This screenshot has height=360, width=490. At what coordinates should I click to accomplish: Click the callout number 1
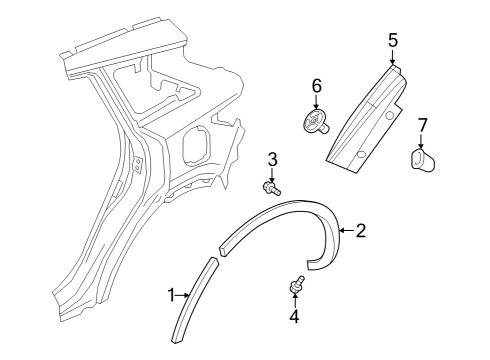[171, 294]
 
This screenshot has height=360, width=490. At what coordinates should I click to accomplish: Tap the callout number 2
[360, 231]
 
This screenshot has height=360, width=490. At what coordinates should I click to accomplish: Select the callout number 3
[271, 159]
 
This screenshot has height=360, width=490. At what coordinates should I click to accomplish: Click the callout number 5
[393, 40]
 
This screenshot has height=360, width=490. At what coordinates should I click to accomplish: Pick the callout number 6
[317, 88]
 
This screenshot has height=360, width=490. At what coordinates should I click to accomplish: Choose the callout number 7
[422, 125]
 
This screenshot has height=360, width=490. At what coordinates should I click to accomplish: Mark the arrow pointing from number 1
[182, 294]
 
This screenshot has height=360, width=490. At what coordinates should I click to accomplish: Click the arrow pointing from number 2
[346, 231]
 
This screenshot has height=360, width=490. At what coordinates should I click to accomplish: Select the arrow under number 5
[393, 56]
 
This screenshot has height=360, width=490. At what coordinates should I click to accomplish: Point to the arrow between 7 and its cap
[421, 141]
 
